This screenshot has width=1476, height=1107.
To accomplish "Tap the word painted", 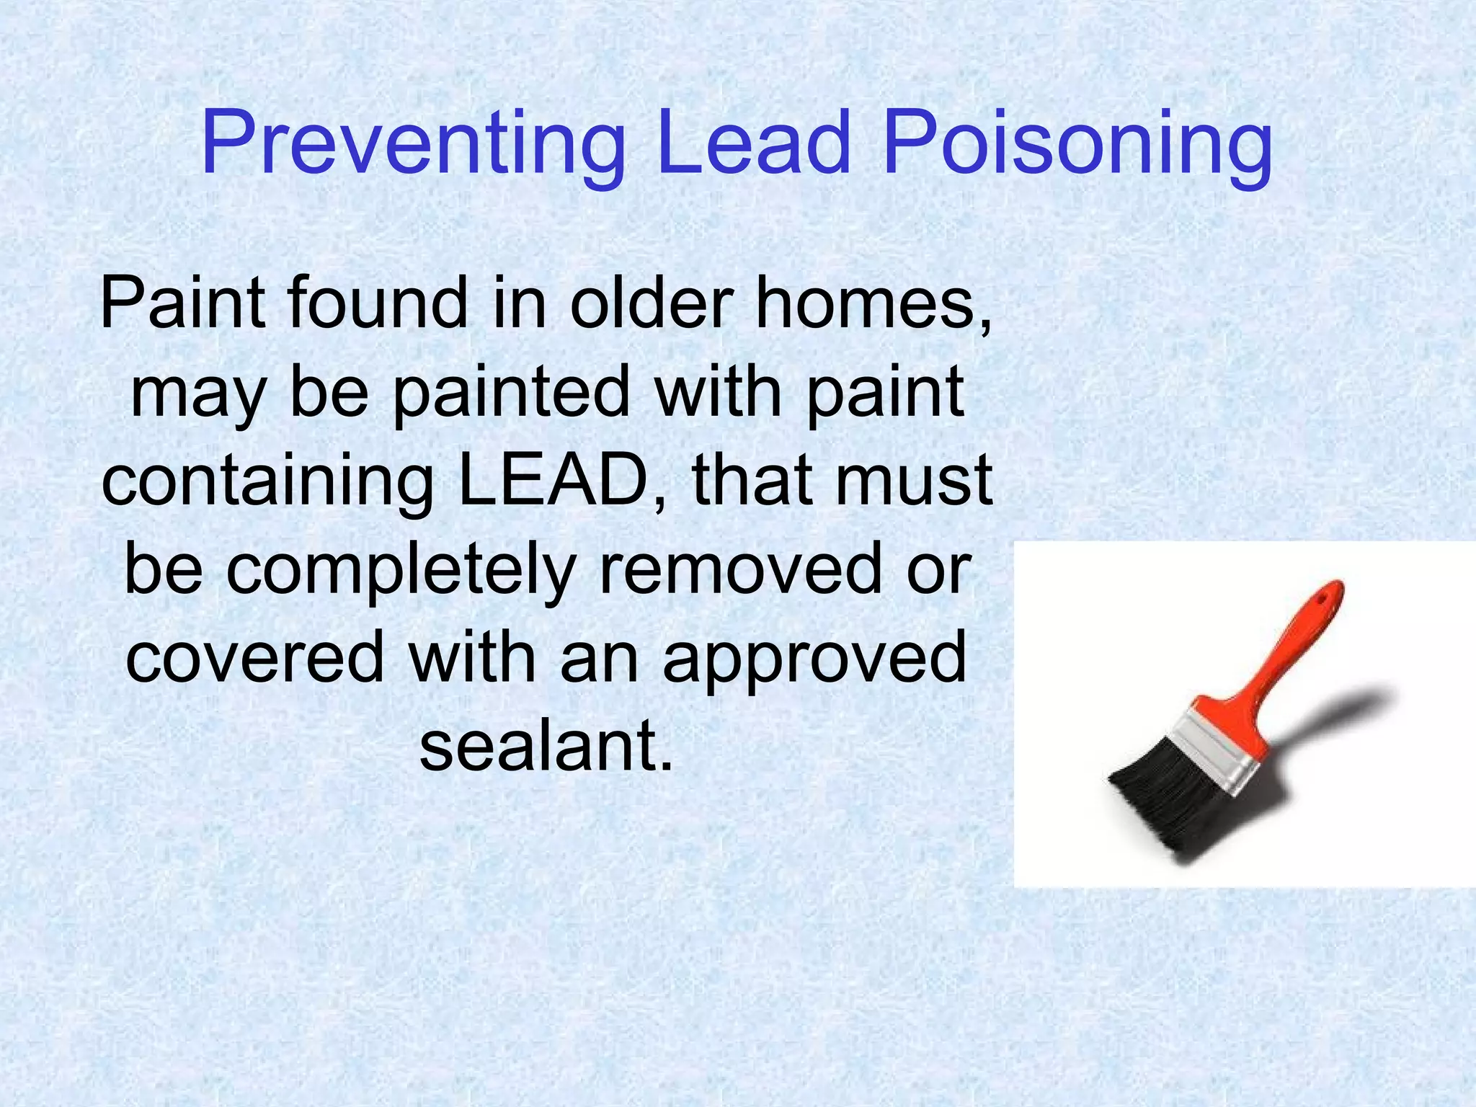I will tap(512, 394).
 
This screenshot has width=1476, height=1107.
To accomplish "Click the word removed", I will tap(742, 569).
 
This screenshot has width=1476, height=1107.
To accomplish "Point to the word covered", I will tap(255, 657).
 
